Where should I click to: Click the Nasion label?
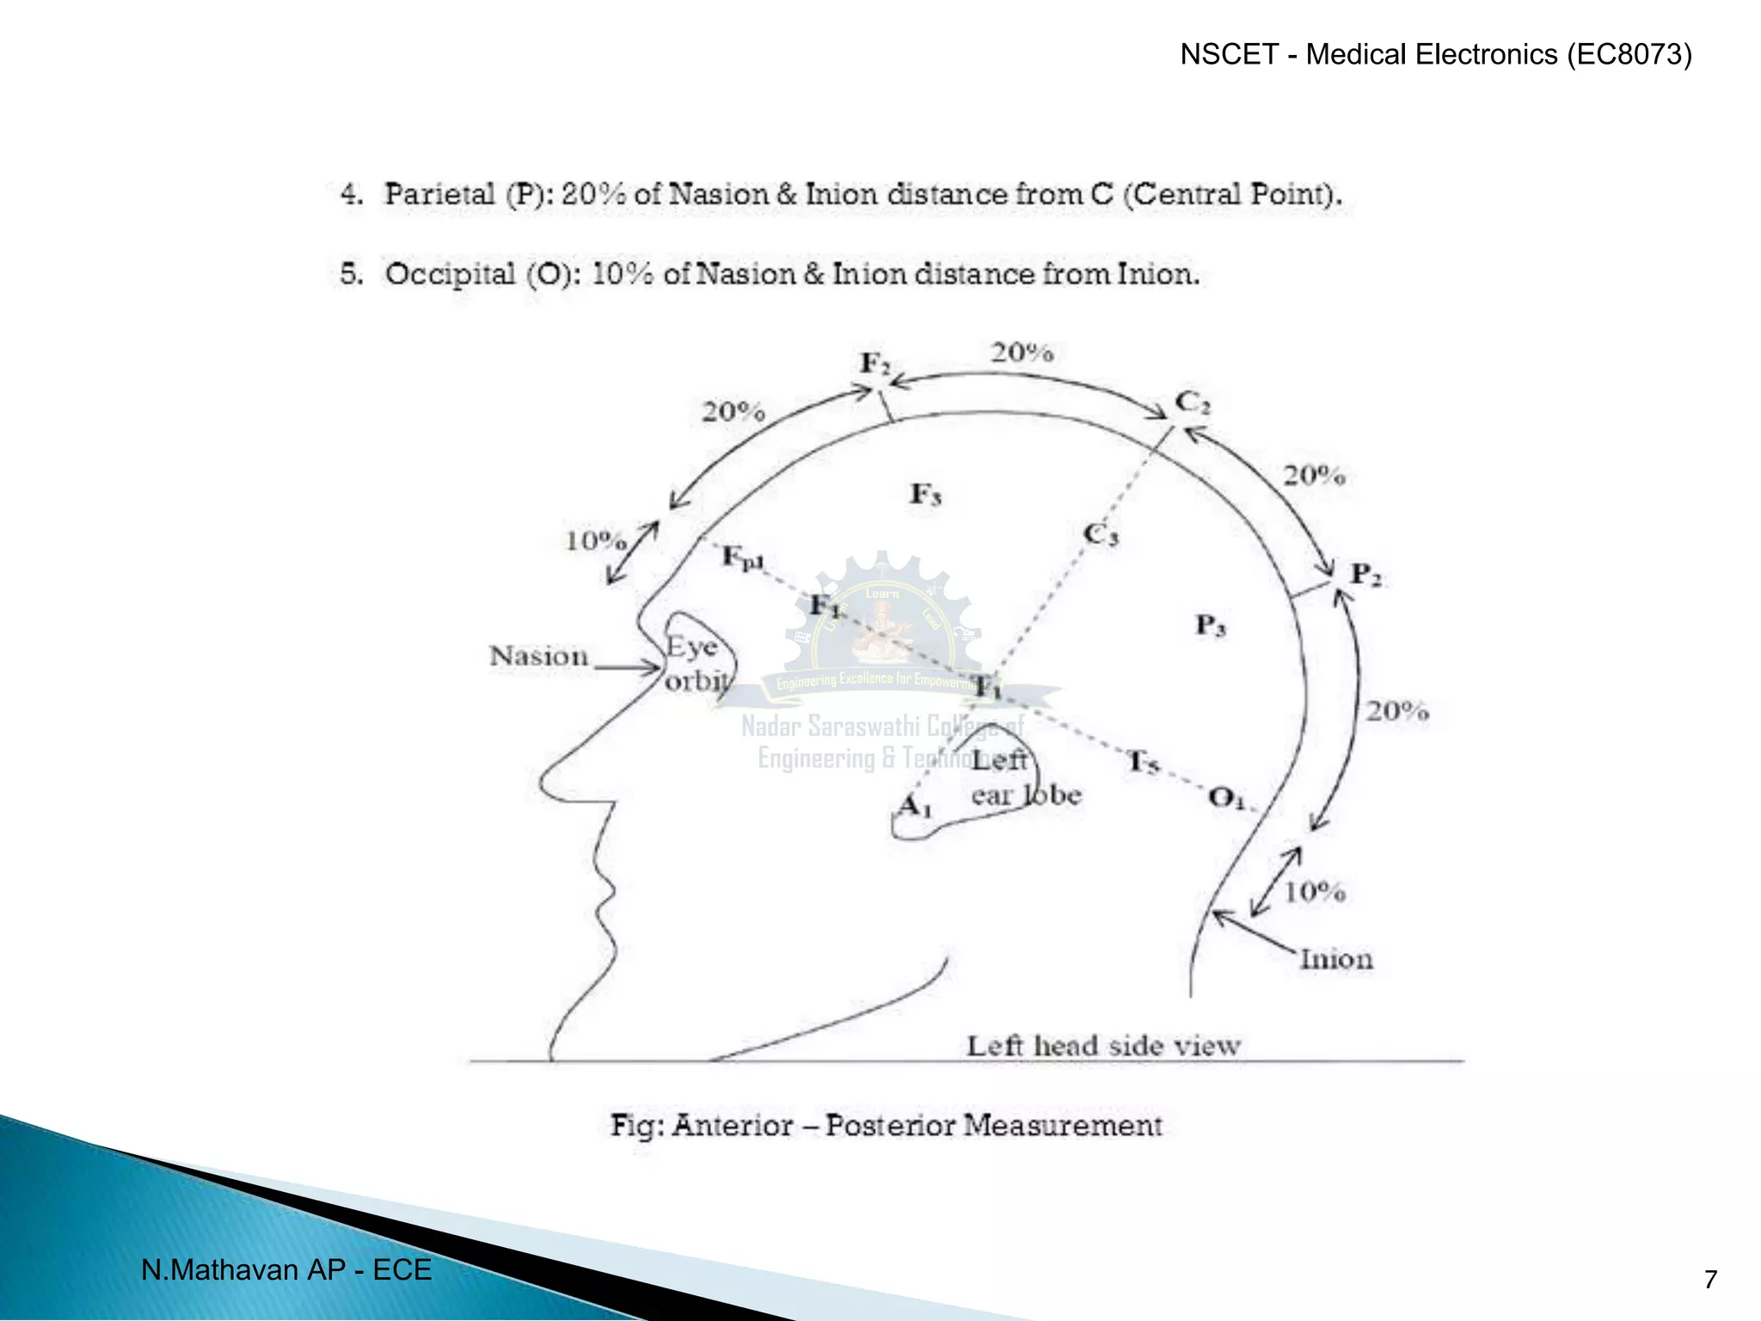[538, 657]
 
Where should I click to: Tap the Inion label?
[1335, 960]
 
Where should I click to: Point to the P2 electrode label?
[1365, 574]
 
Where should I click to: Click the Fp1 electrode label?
[742, 557]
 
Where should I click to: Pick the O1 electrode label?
[1225, 799]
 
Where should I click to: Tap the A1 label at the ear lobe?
[914, 807]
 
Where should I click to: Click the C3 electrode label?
[1101, 535]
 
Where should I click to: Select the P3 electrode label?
[1211, 625]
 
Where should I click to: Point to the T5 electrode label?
[1143, 761]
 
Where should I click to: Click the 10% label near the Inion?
[1314, 892]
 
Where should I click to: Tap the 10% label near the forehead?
[595, 541]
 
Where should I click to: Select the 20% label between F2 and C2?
[1022, 353]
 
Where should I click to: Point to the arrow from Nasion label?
[628, 667]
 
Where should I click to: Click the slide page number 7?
[1710, 1280]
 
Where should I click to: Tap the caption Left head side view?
[1103, 1047]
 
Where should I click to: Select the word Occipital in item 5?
[450, 274]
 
